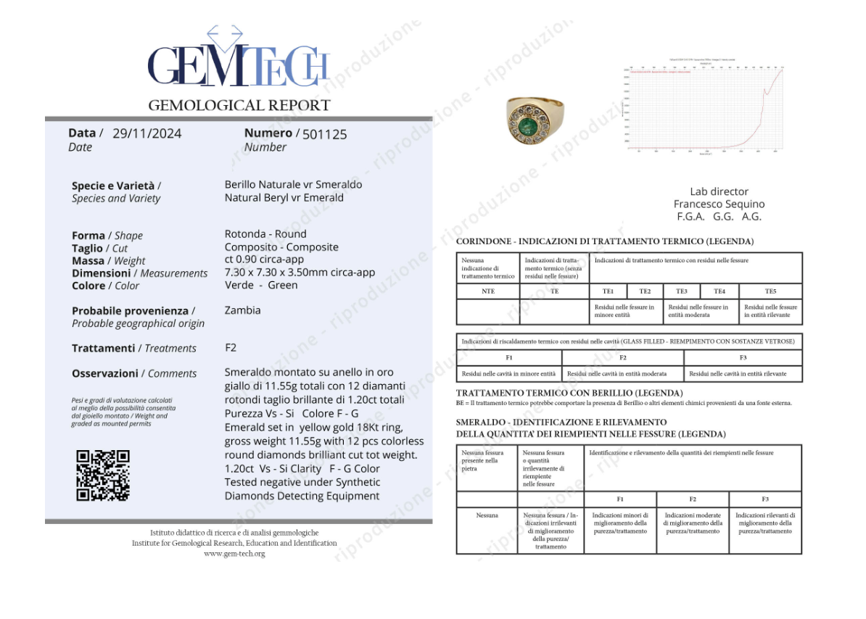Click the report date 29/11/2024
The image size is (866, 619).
147,133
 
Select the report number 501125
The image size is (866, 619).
324,134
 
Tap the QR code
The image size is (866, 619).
103,475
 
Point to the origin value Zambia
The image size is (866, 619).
242,310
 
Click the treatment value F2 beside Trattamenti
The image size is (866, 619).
231,348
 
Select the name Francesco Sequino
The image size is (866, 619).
719,204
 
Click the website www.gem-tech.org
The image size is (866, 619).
234,554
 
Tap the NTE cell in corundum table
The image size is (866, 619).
487,291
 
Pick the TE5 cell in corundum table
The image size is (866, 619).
770,291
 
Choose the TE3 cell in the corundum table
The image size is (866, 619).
681,291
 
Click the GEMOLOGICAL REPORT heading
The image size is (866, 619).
239,106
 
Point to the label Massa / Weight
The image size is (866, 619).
108,261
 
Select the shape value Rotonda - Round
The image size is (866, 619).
265,234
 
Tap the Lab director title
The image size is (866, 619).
719,191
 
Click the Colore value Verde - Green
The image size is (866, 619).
261,285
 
